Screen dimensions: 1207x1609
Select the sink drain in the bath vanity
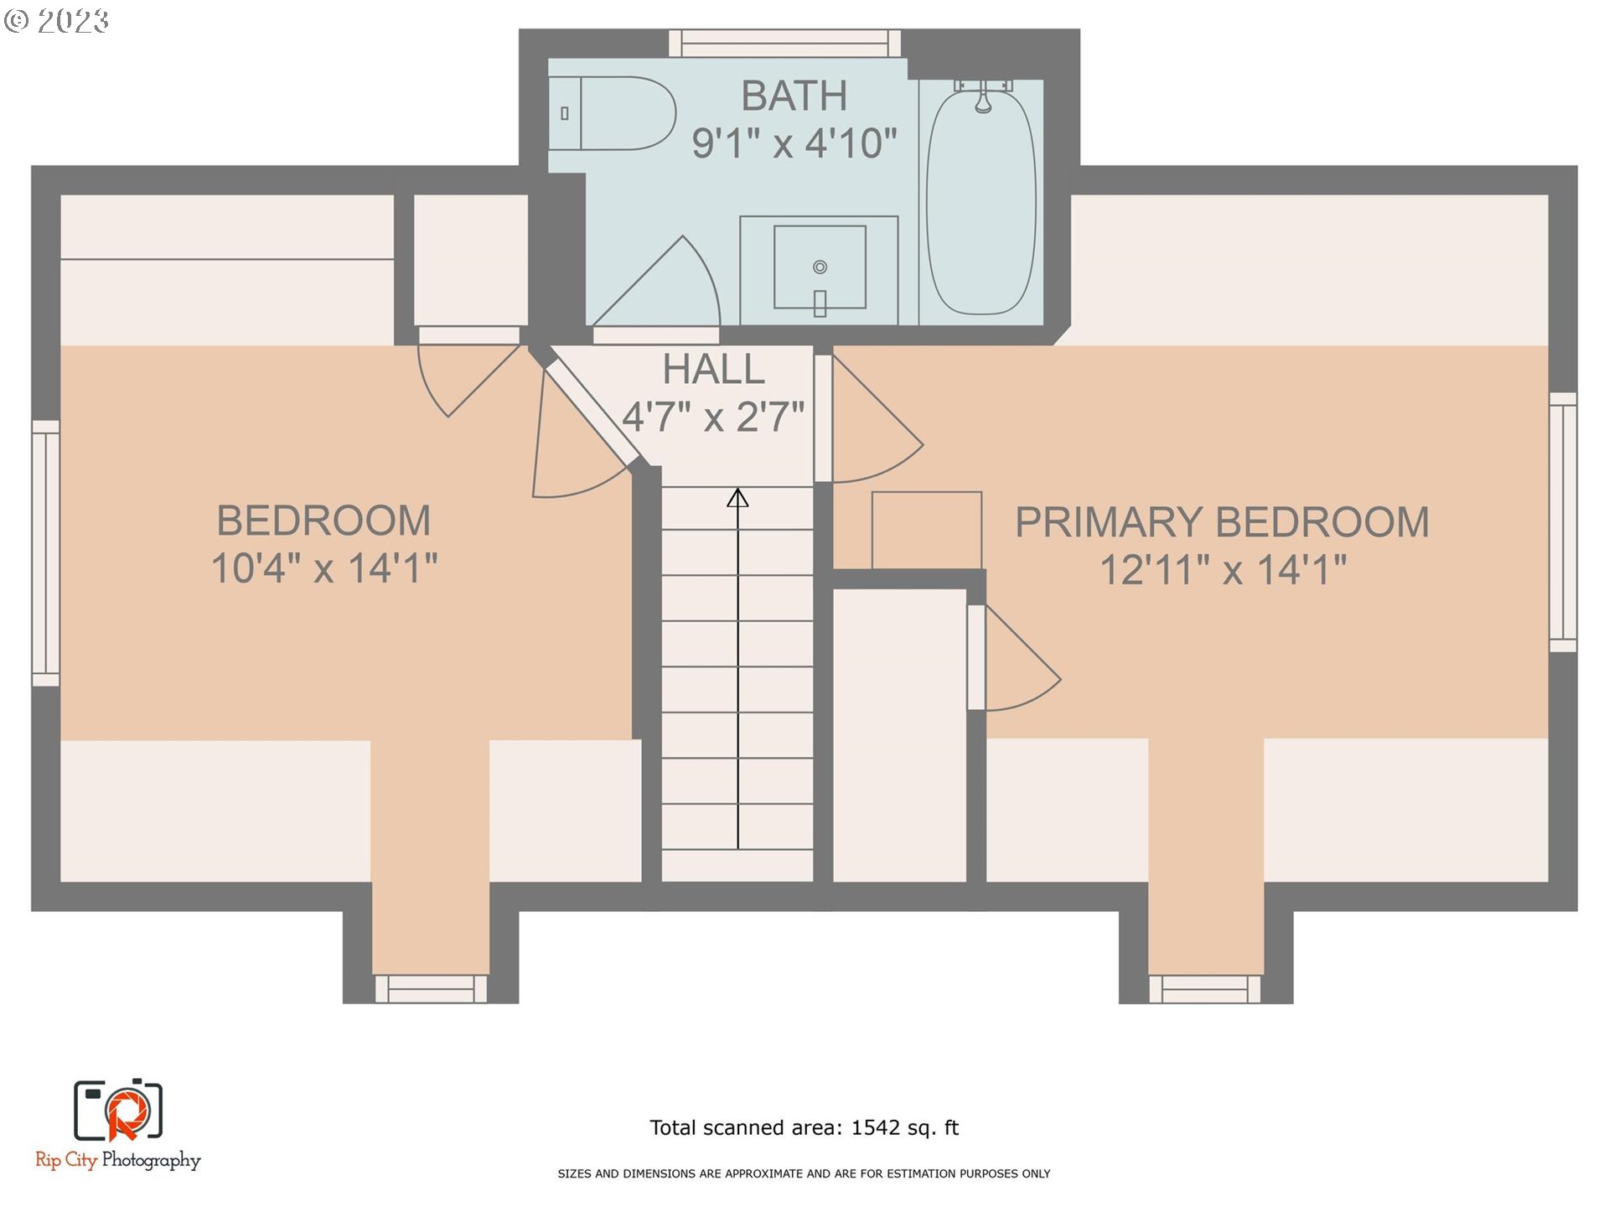click(x=820, y=267)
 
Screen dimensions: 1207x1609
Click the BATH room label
click(x=794, y=96)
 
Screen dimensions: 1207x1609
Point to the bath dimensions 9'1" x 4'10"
click(x=794, y=143)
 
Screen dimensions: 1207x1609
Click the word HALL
click(x=713, y=369)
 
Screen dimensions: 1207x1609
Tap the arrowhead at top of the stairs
click(x=737, y=499)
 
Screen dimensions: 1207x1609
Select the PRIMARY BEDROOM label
click(x=1221, y=522)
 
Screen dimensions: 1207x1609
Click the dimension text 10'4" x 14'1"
click(x=323, y=568)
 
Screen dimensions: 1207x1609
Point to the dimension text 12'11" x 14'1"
click(x=1222, y=570)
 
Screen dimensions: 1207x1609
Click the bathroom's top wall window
click(x=784, y=43)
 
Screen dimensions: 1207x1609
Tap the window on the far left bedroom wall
click(x=46, y=553)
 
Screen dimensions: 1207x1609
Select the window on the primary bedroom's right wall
click(x=1562, y=521)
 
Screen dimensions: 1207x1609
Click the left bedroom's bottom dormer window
click(x=431, y=988)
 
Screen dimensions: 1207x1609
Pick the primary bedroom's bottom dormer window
click(x=1204, y=988)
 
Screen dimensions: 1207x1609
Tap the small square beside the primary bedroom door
click(x=926, y=530)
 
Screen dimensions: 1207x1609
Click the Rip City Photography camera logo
click(x=118, y=1111)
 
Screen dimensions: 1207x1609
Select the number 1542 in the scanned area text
click(x=875, y=1127)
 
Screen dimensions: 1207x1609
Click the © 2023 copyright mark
click(x=57, y=20)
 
